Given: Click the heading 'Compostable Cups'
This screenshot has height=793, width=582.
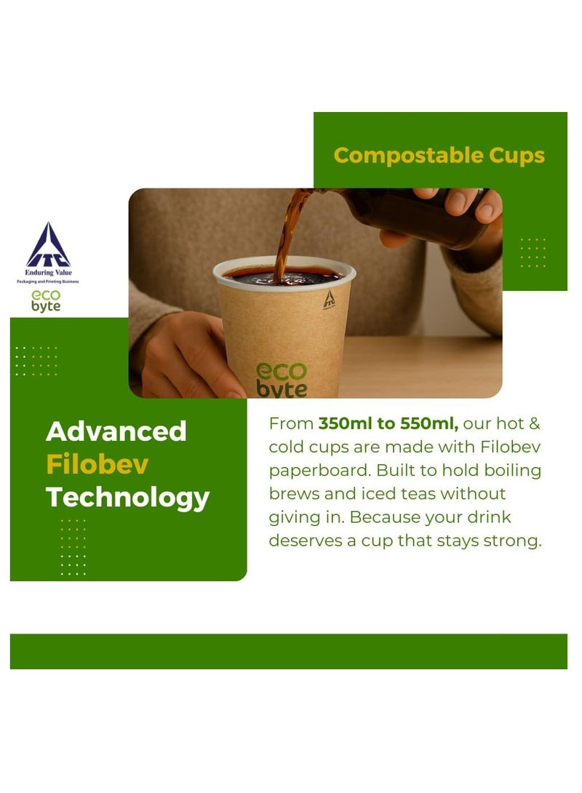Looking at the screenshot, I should click(x=439, y=155).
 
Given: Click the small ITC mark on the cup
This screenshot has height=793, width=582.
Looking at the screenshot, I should click(x=329, y=299).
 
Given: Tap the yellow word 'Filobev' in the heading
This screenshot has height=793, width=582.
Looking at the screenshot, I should click(x=97, y=464).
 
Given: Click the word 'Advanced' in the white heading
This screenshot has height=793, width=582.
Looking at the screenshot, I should click(x=116, y=431).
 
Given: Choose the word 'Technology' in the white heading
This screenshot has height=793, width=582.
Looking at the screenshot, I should click(x=128, y=498).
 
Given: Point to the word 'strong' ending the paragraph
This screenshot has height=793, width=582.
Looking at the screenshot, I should click(x=515, y=541).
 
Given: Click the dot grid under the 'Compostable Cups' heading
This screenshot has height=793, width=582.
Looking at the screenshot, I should click(x=533, y=252).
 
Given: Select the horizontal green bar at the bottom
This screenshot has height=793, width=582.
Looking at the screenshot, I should click(x=289, y=651).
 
